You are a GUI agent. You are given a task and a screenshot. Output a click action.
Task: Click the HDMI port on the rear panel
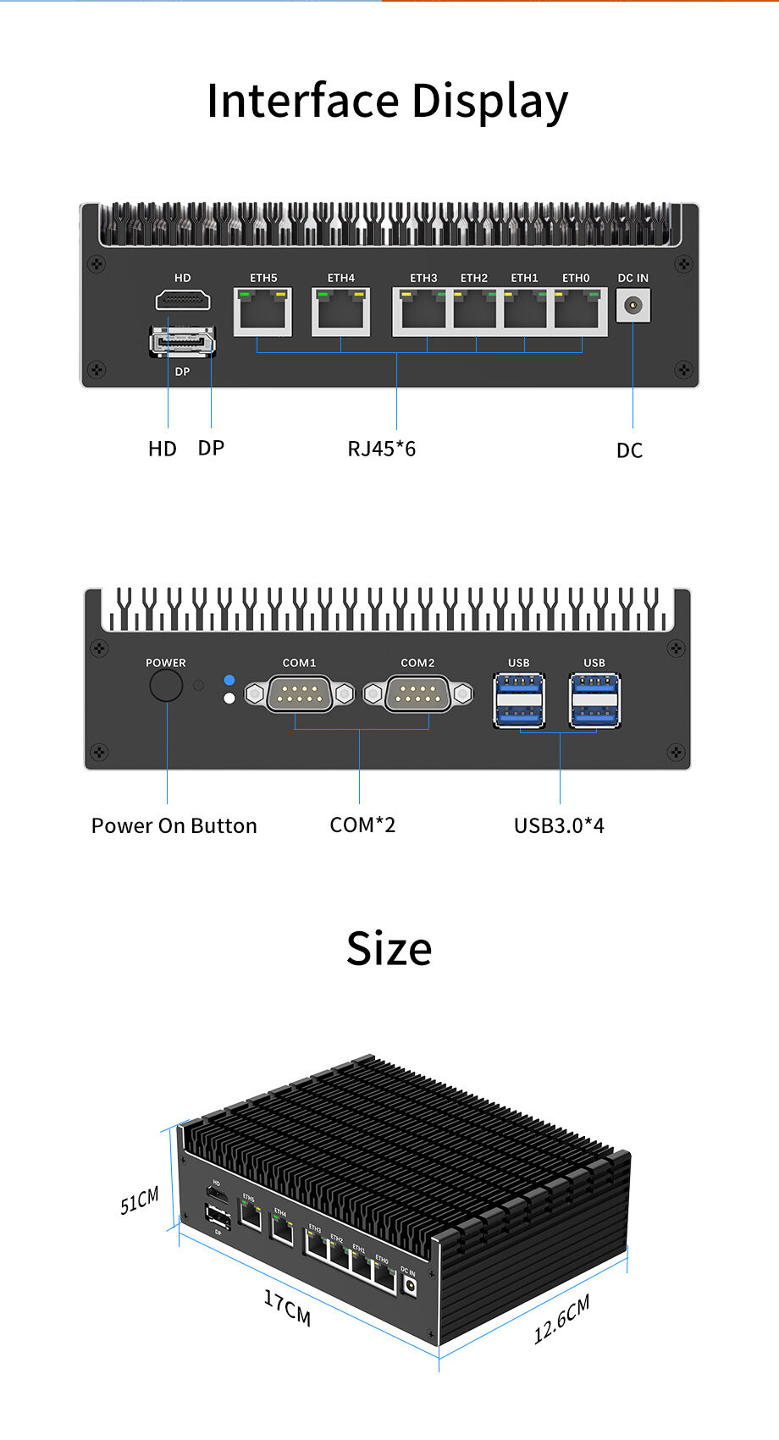182,300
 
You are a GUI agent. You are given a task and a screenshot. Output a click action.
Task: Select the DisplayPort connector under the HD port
182,342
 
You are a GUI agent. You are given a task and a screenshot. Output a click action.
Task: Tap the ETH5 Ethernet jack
262,312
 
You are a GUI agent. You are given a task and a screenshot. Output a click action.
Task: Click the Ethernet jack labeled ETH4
341,312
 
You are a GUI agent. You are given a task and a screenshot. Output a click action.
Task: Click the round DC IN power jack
633,306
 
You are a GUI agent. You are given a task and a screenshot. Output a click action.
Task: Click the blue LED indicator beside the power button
229,680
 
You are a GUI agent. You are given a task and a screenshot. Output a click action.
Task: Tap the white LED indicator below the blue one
229,698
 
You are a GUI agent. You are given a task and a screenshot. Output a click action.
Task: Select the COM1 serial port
299,694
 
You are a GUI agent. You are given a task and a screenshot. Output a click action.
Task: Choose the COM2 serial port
417,694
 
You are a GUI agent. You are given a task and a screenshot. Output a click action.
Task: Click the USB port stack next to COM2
519,700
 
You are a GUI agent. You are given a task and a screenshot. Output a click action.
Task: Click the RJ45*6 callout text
382,449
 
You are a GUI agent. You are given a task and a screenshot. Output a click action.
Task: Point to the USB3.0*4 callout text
559,825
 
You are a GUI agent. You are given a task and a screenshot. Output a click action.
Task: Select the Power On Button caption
174,825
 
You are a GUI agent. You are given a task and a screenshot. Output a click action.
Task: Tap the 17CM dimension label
287,1308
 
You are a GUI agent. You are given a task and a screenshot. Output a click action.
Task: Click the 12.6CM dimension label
561,1318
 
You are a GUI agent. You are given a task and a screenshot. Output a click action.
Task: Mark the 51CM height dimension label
140,1200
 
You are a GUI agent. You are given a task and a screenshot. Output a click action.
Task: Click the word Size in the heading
389,948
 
